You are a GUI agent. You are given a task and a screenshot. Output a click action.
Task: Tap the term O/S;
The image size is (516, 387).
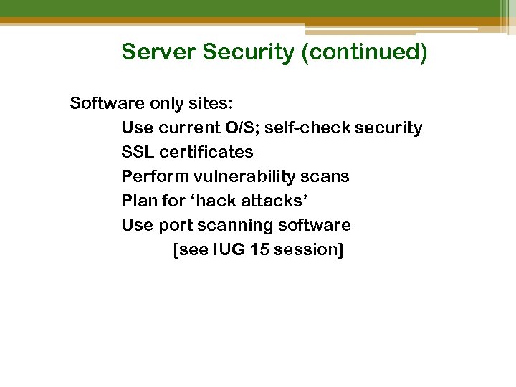pos(244,128)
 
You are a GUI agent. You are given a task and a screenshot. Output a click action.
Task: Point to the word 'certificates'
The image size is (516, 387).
pos(206,152)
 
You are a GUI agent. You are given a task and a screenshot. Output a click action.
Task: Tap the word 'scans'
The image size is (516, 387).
pos(326,176)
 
